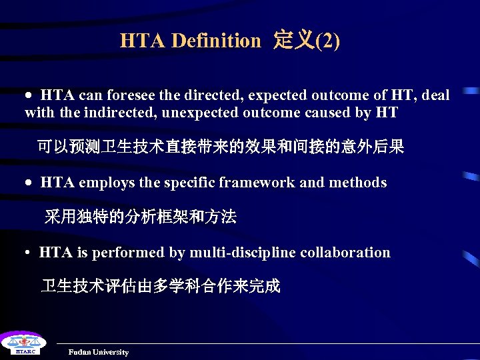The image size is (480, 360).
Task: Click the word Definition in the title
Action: (x=216, y=41)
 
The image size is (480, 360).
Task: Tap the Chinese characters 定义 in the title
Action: (x=294, y=41)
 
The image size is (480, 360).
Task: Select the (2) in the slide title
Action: (x=327, y=41)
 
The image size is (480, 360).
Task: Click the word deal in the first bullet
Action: (x=436, y=95)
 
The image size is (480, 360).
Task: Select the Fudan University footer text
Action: (x=98, y=352)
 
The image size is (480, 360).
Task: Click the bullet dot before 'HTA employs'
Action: (x=29, y=183)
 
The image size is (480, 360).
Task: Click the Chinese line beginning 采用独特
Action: (x=140, y=217)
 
